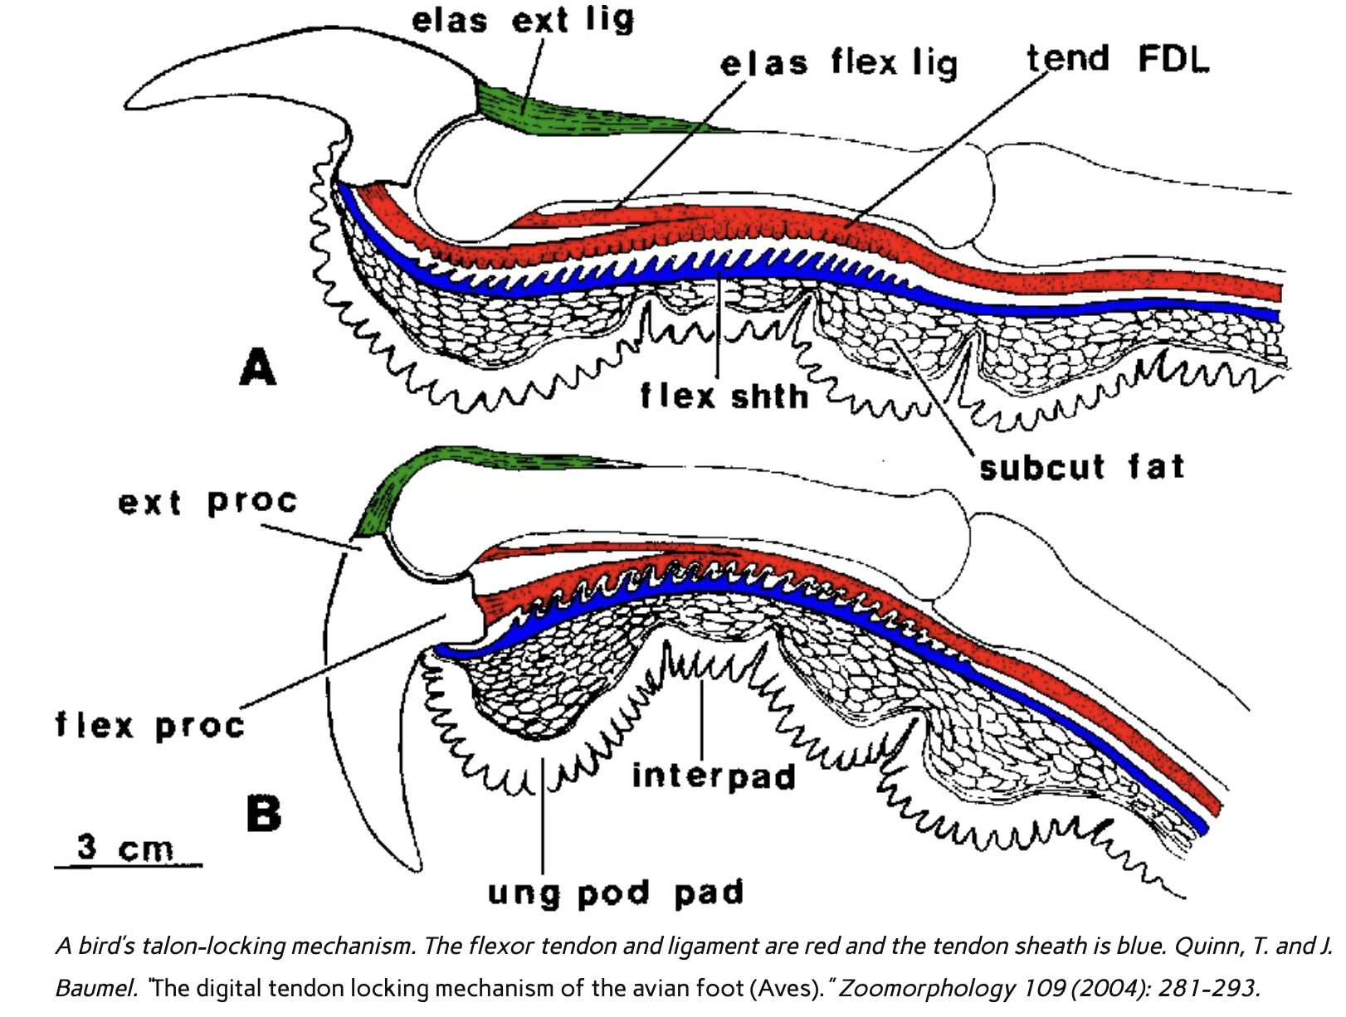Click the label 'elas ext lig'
click(523, 20)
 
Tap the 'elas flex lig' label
click(838, 63)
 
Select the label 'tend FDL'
click(1117, 59)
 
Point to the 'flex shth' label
click(724, 396)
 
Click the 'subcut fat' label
click(1081, 468)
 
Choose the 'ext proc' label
click(207, 502)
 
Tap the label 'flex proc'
click(150, 725)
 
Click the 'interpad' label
click(714, 776)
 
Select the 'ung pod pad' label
click(615, 893)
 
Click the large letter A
click(257, 367)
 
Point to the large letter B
click(264, 813)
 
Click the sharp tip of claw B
click(415, 867)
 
